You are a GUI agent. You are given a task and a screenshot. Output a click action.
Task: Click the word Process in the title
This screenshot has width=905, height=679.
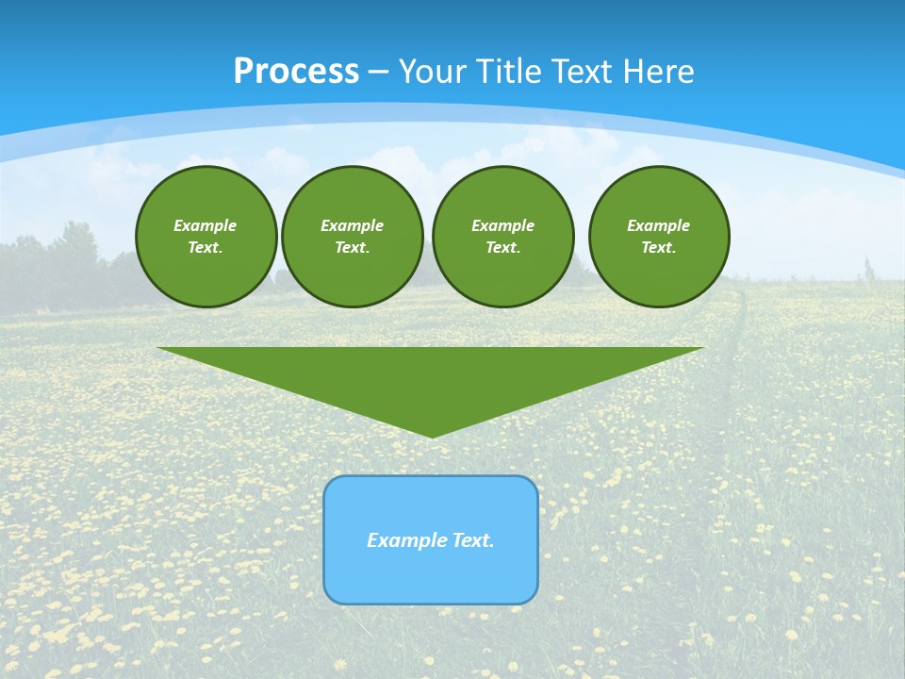pyautogui.click(x=296, y=71)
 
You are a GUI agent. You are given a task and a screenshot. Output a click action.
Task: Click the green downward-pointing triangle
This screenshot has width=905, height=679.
pyautogui.click(x=431, y=377)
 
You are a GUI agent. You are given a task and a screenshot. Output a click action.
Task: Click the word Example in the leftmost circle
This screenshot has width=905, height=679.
pyautogui.click(x=206, y=225)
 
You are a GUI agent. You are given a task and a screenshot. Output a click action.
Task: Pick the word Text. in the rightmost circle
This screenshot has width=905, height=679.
pyautogui.click(x=659, y=247)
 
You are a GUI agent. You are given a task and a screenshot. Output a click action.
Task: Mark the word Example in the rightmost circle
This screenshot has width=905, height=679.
pyautogui.click(x=659, y=225)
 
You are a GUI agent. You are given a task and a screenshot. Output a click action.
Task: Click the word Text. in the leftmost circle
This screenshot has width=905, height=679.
pyautogui.click(x=206, y=247)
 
